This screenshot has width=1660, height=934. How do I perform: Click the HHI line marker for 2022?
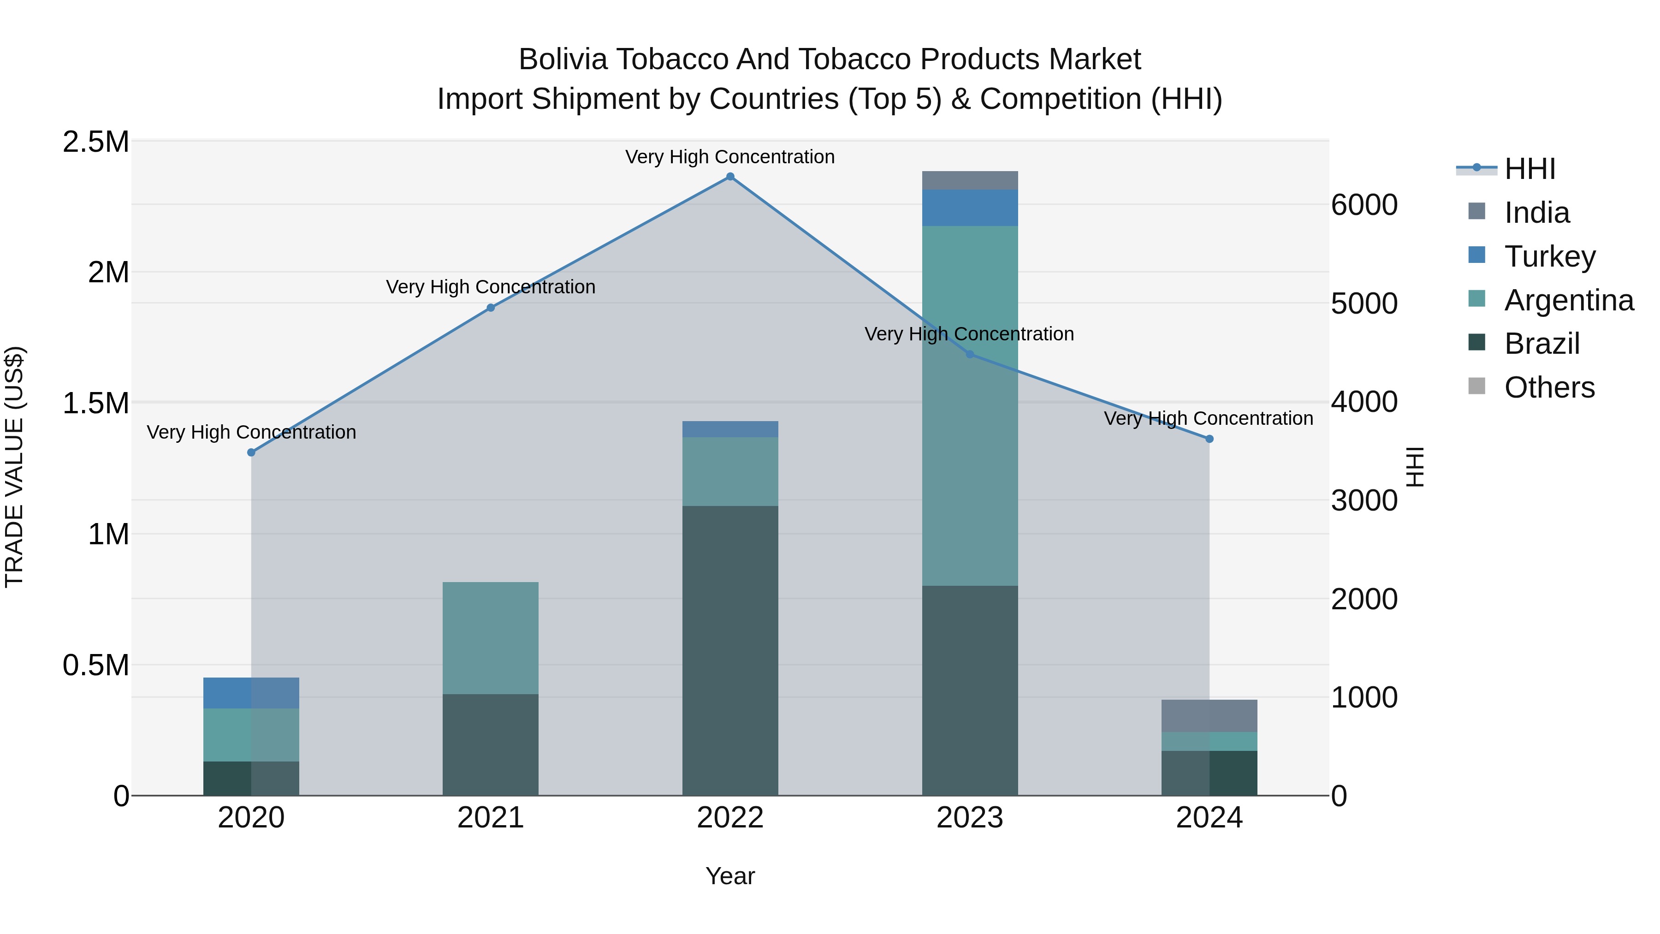(x=730, y=177)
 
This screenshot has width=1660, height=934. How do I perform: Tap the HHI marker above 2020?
(x=251, y=452)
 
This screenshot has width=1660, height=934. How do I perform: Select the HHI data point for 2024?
(x=1209, y=439)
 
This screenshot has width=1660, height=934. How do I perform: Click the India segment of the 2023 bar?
(x=970, y=180)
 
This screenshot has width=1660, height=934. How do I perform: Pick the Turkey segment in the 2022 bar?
(x=730, y=429)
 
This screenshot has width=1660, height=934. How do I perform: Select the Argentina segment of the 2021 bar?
(x=491, y=638)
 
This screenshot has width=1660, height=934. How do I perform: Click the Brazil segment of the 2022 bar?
(x=730, y=651)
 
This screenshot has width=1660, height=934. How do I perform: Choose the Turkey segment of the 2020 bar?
(x=251, y=693)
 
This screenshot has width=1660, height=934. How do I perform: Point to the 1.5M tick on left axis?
(x=96, y=404)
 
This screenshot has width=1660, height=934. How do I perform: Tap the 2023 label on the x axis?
(x=970, y=818)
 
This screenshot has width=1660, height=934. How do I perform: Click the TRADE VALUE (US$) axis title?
(x=14, y=467)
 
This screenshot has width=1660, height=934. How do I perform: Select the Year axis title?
(x=730, y=876)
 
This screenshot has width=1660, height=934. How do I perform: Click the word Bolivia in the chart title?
(x=563, y=59)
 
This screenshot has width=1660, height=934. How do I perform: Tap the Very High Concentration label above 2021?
(x=491, y=287)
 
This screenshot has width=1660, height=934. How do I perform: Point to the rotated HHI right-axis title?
(x=1415, y=467)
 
